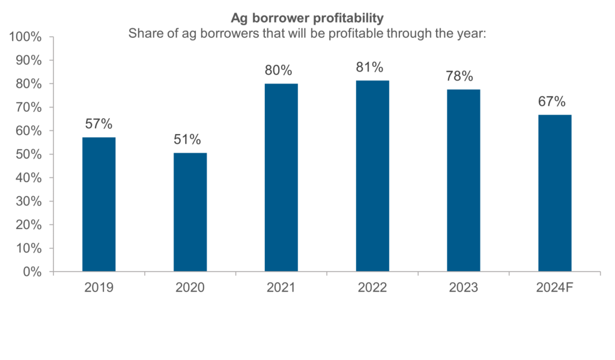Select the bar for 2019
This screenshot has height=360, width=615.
(98, 204)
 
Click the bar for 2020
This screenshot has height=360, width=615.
(190, 212)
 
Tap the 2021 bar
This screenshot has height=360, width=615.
(281, 177)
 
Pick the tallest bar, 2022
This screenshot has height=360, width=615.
(372, 175)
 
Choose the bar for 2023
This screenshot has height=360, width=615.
(464, 180)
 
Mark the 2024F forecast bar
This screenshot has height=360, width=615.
(555, 193)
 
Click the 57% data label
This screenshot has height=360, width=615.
(98, 124)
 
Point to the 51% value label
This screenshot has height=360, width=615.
(190, 139)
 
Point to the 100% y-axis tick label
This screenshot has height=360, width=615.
(26, 37)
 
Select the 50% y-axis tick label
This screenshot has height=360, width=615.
(28, 154)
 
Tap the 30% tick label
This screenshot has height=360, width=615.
(28, 201)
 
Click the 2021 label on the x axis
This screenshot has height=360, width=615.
(281, 287)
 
